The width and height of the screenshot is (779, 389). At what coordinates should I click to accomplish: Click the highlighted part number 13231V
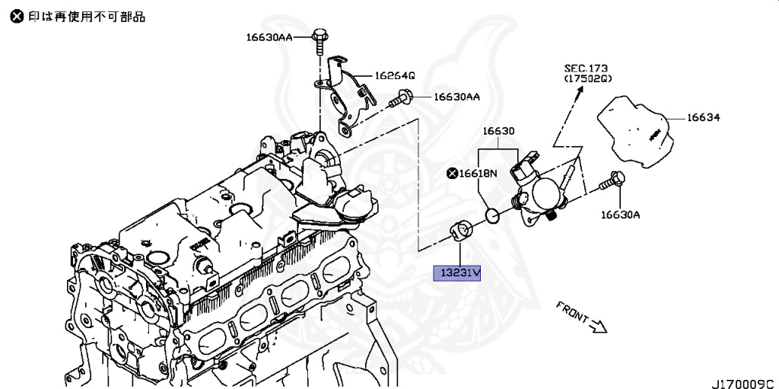(457, 272)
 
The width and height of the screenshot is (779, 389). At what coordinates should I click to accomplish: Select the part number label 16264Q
(394, 76)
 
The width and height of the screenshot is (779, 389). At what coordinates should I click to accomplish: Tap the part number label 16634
(704, 118)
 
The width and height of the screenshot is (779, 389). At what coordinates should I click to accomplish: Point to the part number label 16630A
(620, 215)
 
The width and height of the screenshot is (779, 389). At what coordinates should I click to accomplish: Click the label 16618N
(478, 174)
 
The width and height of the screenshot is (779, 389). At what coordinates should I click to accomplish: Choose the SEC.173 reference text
(586, 68)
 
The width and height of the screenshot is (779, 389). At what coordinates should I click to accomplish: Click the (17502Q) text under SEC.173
(587, 78)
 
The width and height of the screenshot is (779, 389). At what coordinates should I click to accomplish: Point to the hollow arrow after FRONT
(598, 327)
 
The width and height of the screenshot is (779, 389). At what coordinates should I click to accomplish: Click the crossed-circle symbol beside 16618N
(453, 174)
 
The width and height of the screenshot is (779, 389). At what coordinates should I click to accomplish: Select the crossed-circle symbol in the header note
(16, 16)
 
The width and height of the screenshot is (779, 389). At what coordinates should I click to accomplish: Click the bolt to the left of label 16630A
(613, 181)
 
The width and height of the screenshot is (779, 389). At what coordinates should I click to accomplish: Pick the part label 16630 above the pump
(498, 132)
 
